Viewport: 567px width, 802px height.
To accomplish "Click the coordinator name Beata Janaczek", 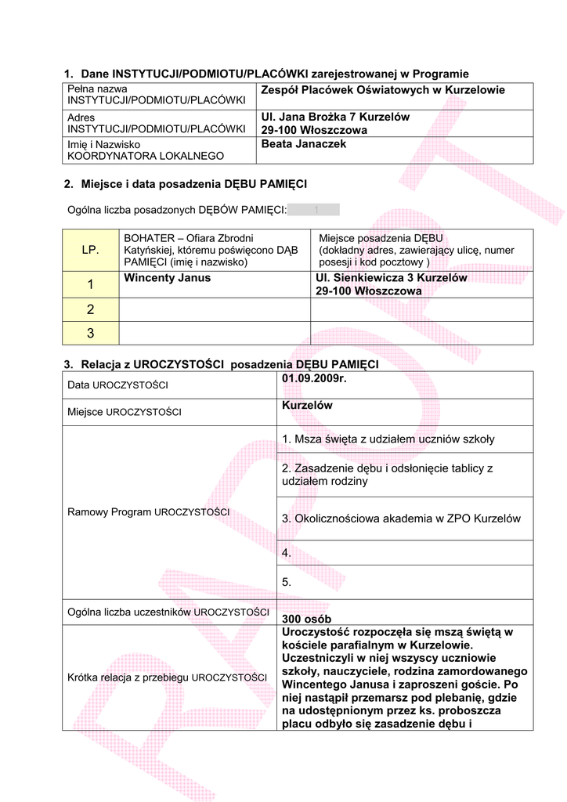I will click(303, 144).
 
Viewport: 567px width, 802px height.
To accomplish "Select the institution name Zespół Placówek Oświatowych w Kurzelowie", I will click(383, 90).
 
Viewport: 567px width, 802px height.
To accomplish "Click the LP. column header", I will click(90, 250).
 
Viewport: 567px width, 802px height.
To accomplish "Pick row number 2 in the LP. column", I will click(90, 309).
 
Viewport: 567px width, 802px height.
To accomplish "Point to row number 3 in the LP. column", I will click(90, 333).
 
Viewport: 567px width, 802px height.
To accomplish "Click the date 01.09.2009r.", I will click(313, 380).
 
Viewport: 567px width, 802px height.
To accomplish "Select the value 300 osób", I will click(305, 620).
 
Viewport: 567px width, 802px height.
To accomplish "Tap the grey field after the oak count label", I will click(314, 209).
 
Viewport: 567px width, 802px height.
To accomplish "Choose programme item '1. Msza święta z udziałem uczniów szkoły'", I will click(388, 439).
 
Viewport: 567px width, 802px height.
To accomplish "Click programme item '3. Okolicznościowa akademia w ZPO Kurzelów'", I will click(400, 518).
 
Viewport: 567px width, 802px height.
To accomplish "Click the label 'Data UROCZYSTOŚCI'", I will click(117, 385).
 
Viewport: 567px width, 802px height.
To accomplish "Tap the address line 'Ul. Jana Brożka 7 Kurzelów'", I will click(335, 117).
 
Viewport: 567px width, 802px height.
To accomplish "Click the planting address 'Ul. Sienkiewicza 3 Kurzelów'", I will click(391, 277).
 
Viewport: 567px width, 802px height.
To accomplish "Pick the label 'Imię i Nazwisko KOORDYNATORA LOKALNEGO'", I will click(146, 150).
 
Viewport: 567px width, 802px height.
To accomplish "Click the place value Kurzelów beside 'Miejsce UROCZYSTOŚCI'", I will click(307, 406).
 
